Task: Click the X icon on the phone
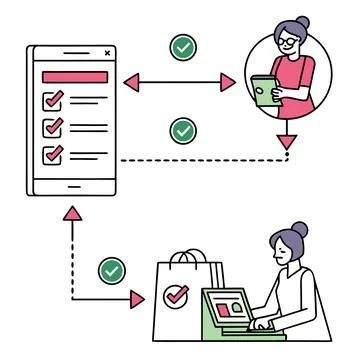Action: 108,52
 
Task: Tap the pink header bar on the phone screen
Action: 73,76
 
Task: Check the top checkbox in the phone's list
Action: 52,100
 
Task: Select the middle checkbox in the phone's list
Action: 52,127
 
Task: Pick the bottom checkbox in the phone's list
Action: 52,154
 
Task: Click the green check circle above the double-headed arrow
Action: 183,46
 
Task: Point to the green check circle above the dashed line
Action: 183,130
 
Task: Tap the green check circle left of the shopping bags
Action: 111,269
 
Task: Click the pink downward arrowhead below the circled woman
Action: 288,141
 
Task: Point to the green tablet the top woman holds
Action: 262,93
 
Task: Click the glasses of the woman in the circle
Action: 288,42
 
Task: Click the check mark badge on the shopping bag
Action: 176,296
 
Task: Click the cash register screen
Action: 224,304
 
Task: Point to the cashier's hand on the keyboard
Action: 261,324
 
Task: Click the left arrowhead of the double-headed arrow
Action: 126,83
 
